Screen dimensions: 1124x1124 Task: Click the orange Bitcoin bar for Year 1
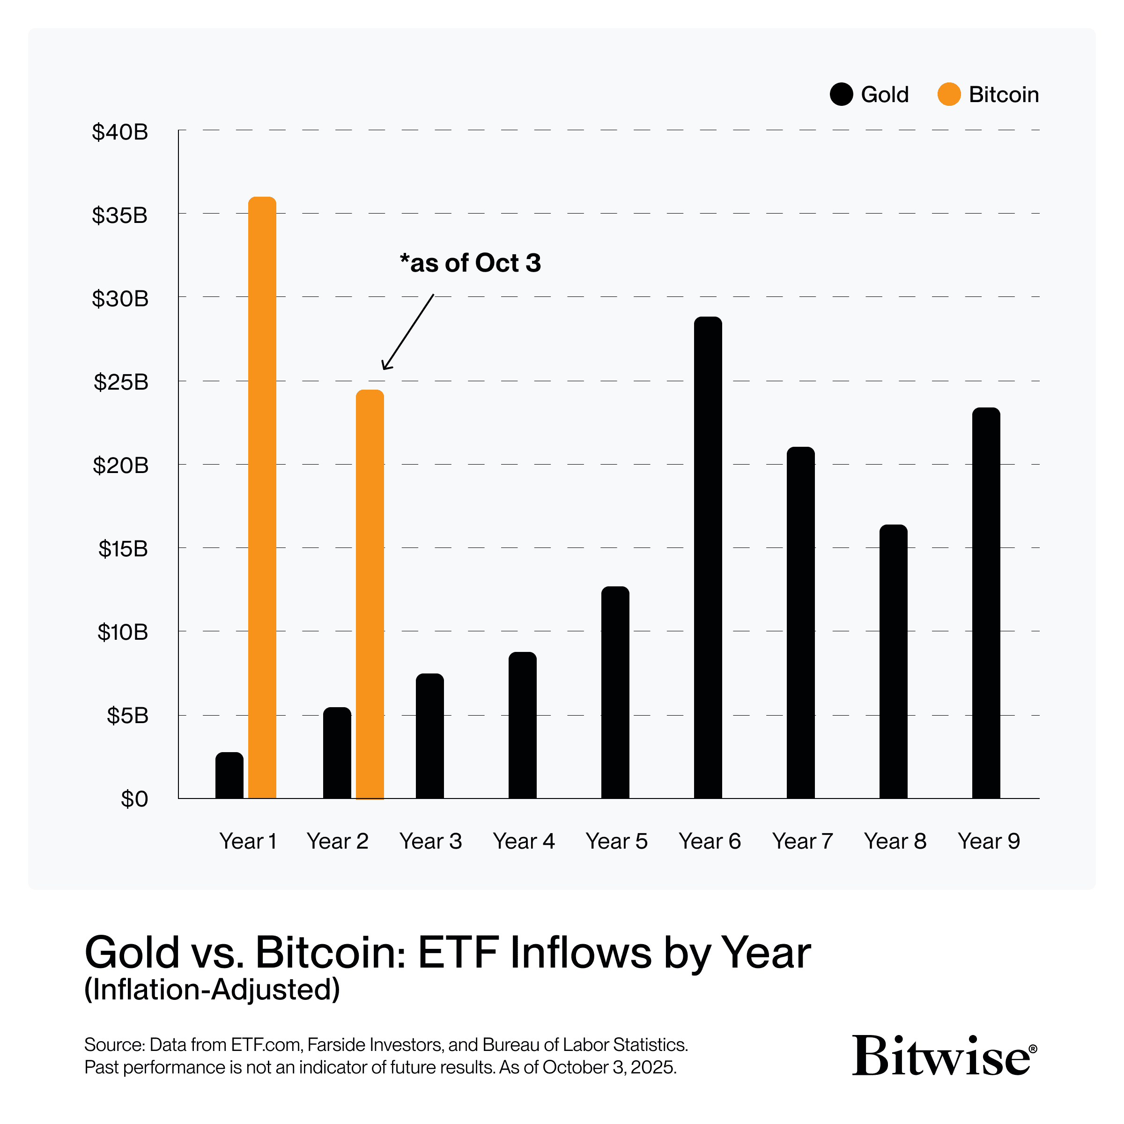(262, 497)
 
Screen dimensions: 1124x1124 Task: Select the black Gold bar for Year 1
(229, 775)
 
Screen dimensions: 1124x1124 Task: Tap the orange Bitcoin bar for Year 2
(370, 594)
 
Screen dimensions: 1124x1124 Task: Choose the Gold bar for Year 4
(523, 725)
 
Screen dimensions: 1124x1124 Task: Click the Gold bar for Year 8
(893, 661)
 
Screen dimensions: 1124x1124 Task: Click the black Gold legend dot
(841, 94)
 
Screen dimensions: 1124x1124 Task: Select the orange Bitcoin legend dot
(948, 94)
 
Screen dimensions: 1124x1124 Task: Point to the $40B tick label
(120, 132)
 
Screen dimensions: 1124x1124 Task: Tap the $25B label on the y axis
(121, 382)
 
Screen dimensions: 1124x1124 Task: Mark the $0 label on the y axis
(134, 799)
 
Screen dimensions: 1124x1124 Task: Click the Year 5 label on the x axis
(616, 841)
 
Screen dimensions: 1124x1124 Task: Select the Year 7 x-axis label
(802, 841)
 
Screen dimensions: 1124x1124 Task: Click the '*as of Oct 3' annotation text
(470, 263)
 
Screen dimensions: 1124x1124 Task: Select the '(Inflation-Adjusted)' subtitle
(212, 989)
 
